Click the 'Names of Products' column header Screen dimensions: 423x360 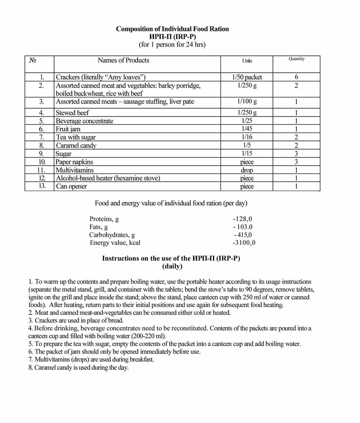[x=123, y=60]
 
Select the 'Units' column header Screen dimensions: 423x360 [x=247, y=61]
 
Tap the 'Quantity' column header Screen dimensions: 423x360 [x=296, y=59]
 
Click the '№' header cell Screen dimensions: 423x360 [x=33, y=60]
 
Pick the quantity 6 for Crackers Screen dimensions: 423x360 [x=296, y=77]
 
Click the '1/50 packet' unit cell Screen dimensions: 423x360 [x=247, y=77]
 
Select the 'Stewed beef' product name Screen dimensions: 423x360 [x=72, y=113]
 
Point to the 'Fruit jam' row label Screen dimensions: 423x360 [x=68, y=129]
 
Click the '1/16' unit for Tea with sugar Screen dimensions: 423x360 [x=247, y=137]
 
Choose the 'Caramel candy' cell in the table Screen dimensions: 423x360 [x=76, y=145]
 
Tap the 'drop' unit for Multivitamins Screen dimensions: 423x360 [x=247, y=170]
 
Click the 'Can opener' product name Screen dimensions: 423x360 [x=71, y=186]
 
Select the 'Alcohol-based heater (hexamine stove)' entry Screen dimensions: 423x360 [x=108, y=178]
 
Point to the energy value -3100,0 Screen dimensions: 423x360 [x=244, y=242]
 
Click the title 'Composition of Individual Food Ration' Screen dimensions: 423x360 [x=172, y=29]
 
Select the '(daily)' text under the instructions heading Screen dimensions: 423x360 [x=172, y=266]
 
